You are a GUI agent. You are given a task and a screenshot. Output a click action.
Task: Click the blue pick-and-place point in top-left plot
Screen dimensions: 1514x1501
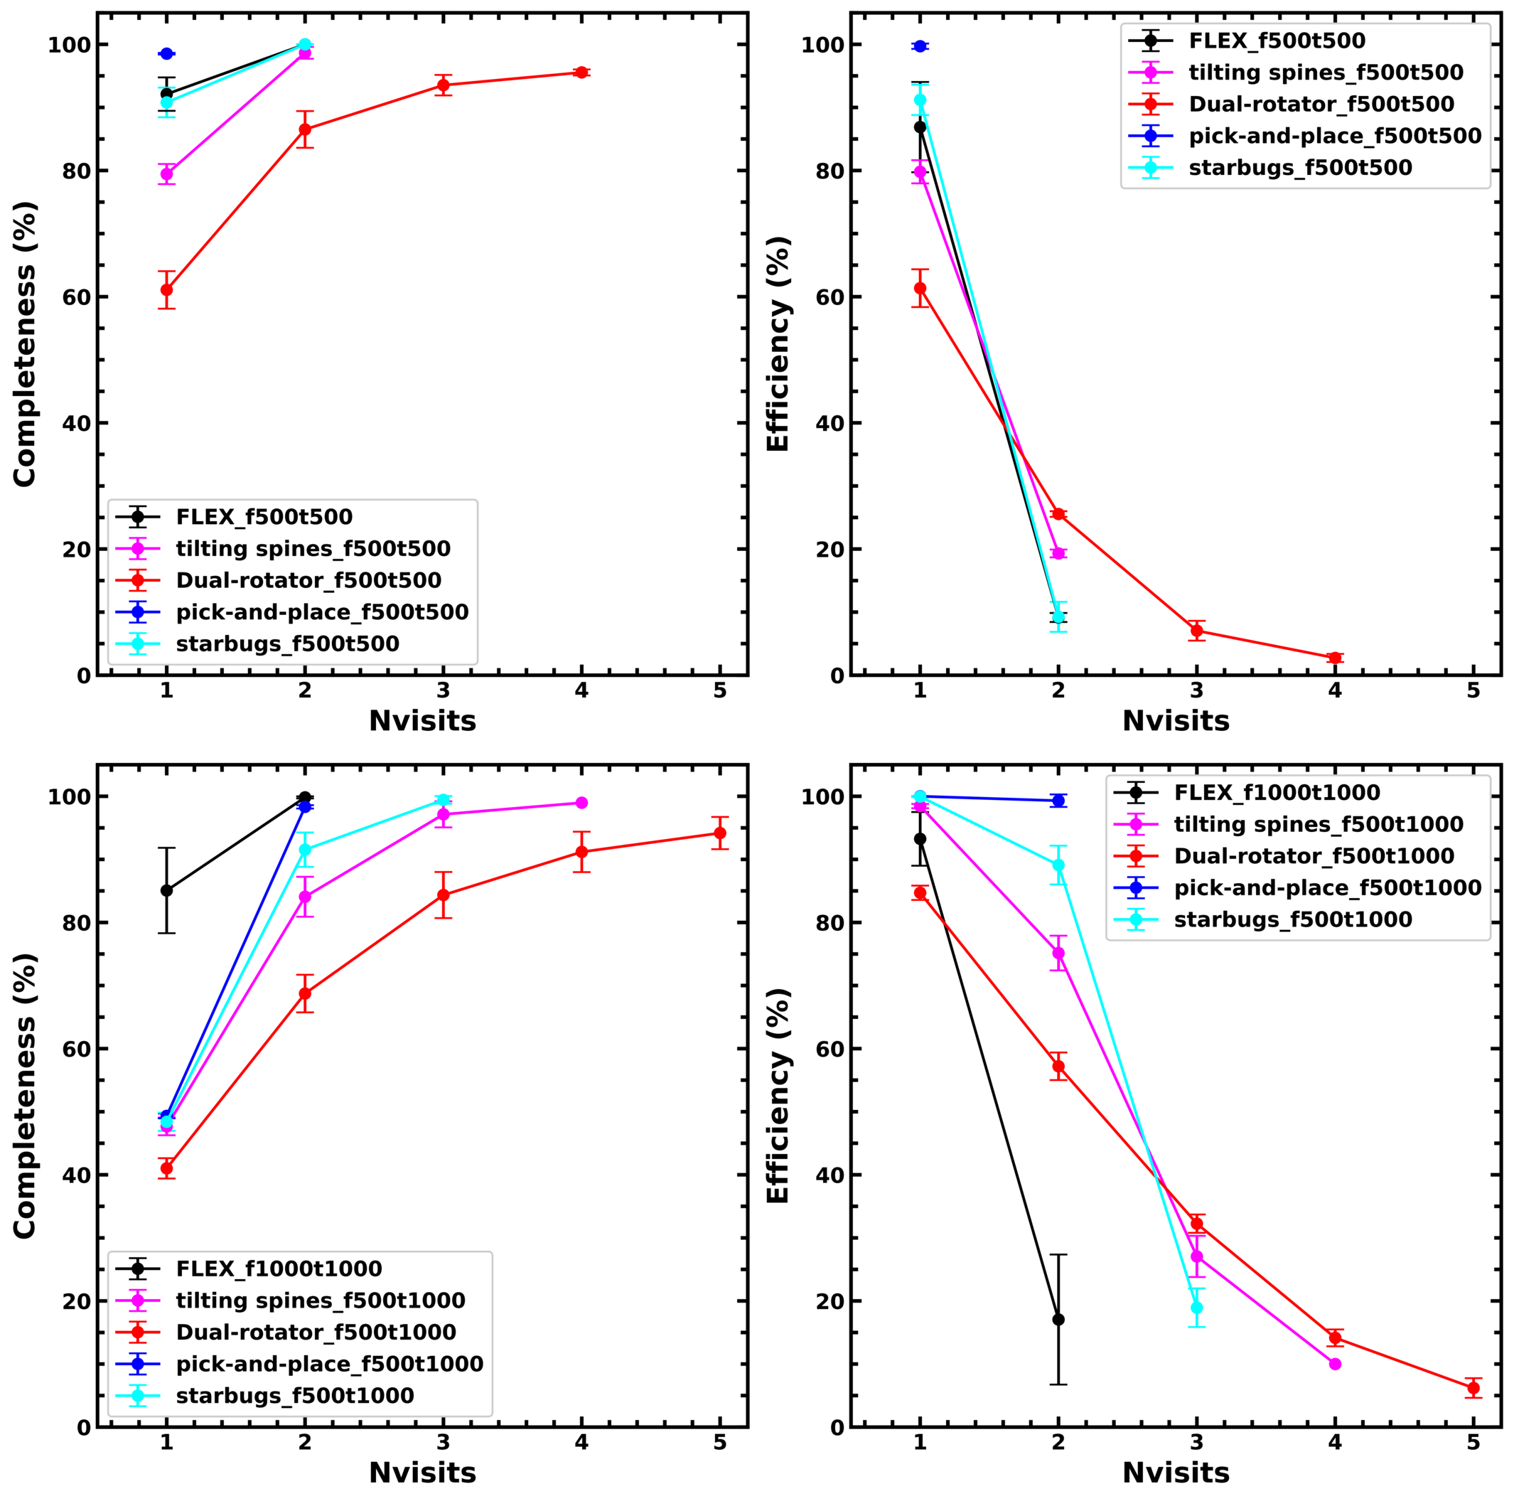(x=166, y=53)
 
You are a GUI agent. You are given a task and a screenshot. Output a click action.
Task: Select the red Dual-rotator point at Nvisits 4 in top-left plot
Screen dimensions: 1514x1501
(x=581, y=72)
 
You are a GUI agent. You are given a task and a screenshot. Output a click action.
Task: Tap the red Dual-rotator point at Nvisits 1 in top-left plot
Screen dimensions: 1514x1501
(x=166, y=289)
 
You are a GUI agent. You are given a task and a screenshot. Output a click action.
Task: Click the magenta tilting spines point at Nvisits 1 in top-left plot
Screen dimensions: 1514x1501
(x=166, y=173)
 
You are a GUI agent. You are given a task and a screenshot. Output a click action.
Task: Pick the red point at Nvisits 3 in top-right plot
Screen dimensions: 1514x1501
(x=1196, y=630)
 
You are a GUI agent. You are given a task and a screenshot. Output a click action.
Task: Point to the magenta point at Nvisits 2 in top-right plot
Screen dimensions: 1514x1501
(x=1058, y=552)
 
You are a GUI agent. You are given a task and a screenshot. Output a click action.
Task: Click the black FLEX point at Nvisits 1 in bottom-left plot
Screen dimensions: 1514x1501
(x=166, y=890)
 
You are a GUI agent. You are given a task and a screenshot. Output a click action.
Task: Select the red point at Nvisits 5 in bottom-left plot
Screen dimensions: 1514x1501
(x=719, y=833)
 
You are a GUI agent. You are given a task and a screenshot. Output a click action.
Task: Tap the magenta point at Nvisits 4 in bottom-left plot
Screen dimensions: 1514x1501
(x=581, y=803)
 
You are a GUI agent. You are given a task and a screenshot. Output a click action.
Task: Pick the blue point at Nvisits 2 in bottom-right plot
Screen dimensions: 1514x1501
(x=1058, y=800)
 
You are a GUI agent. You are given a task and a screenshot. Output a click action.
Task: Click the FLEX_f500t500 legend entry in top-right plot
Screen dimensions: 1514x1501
(x=1277, y=41)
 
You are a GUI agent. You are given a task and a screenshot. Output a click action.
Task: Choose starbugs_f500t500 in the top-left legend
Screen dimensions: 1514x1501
(x=288, y=643)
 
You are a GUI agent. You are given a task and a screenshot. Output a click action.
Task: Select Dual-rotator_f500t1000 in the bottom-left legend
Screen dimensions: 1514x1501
(x=316, y=1332)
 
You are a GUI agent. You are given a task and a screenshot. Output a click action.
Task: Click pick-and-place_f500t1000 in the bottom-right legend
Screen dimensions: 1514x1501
(x=1328, y=887)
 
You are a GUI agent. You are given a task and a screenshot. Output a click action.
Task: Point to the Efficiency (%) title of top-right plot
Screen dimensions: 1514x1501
(x=778, y=343)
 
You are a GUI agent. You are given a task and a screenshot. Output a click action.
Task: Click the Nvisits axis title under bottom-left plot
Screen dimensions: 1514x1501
(x=422, y=1473)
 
